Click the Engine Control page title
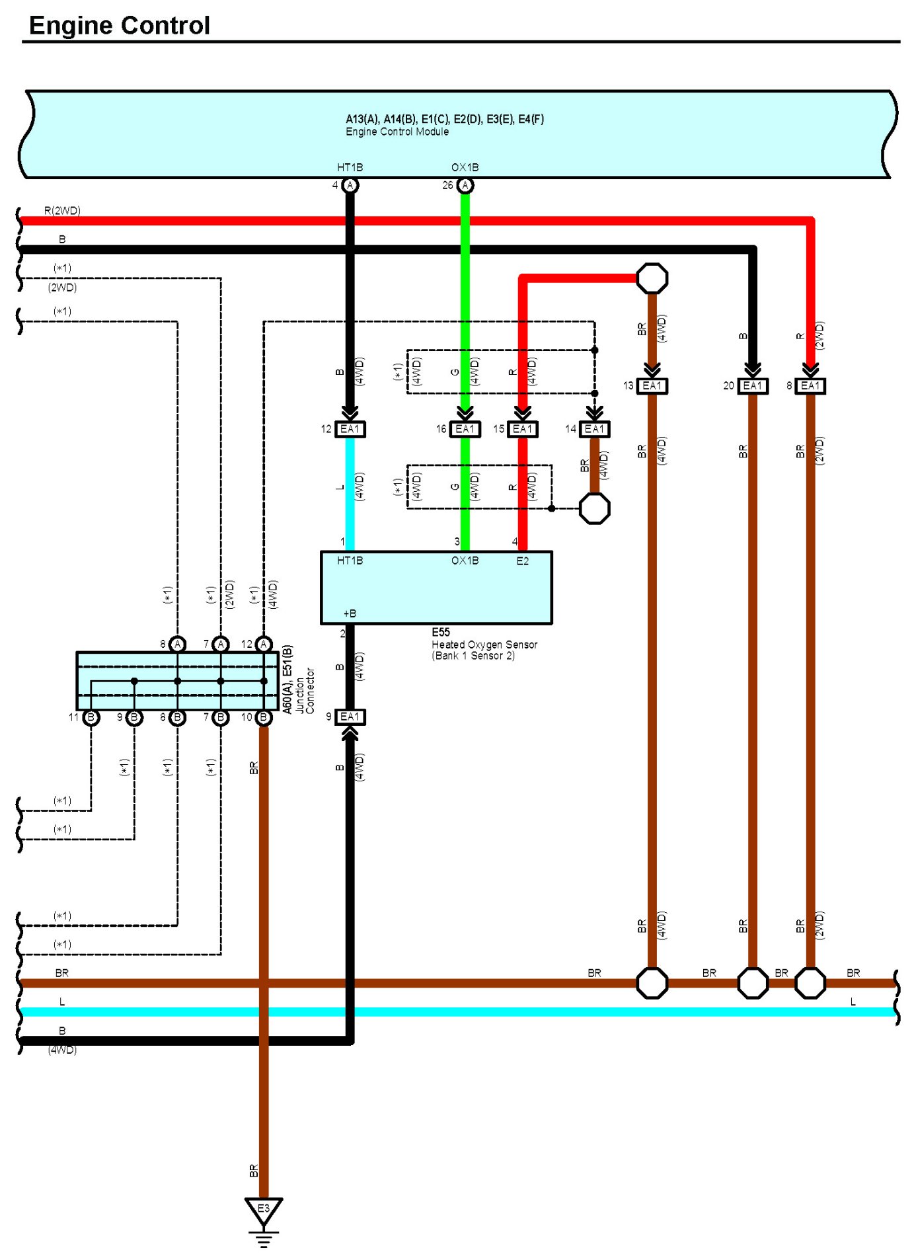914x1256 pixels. pos(120,25)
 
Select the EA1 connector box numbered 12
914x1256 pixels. pos(350,429)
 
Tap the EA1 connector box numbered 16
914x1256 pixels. pos(465,429)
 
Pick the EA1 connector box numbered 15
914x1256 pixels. pos(522,429)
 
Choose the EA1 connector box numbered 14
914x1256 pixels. pos(594,429)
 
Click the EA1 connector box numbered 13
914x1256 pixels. pos(652,385)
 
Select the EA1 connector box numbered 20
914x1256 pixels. pos(752,385)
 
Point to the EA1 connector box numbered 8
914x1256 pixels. pos(810,385)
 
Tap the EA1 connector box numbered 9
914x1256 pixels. pos(350,717)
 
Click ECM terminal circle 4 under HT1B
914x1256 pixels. pos(350,185)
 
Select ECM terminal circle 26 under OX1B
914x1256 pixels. pos(465,185)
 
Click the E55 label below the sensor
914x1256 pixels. pos(441,632)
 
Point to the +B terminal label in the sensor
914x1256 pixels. pos(350,613)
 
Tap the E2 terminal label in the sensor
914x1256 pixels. pos(522,561)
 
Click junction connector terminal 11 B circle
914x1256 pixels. pos(91,717)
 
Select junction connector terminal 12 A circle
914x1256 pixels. pos(264,644)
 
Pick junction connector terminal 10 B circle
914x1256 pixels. pos(264,717)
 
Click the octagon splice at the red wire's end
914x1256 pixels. pos(652,278)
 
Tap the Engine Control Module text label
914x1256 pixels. pos(397,132)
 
